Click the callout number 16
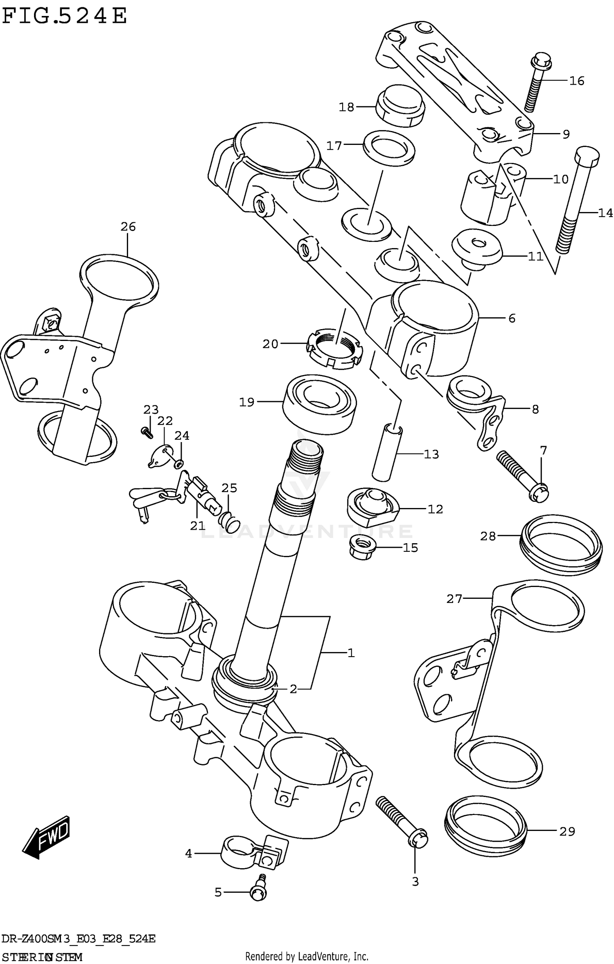click(576, 81)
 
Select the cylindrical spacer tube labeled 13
click(387, 453)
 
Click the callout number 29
click(567, 832)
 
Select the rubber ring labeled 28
click(562, 546)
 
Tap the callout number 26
click(128, 227)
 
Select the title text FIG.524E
click(65, 16)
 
